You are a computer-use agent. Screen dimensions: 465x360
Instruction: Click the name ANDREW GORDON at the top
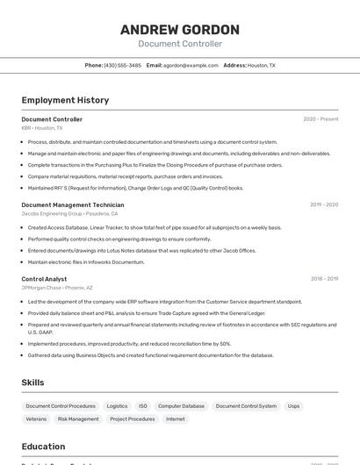coord(180,30)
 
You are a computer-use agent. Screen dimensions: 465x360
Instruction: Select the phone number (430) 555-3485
coord(122,65)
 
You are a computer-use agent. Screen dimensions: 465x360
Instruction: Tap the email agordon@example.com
coord(191,65)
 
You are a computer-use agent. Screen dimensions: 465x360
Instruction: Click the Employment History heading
coord(65,100)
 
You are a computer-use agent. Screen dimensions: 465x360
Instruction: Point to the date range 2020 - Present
coord(320,119)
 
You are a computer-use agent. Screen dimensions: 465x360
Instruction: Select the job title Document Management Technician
coord(73,204)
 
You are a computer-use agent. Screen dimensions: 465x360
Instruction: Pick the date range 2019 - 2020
coord(324,204)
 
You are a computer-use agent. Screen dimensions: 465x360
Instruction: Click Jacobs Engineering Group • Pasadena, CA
coord(69,213)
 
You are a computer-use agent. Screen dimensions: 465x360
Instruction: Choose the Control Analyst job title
coord(44,279)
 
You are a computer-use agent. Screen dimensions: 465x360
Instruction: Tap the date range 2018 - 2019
coord(324,279)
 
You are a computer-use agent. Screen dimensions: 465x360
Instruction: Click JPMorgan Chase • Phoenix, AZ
coord(57,288)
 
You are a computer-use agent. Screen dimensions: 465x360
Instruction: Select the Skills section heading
coord(32,383)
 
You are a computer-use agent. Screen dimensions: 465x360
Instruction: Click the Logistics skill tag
coord(117,406)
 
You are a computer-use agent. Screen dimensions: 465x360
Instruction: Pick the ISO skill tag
coord(143,406)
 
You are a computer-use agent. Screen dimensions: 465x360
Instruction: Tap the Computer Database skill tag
coord(181,406)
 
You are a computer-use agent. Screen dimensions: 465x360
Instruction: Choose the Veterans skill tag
coord(36,419)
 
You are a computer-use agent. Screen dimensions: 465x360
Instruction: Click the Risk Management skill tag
coord(78,419)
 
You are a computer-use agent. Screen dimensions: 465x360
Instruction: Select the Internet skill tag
coord(176,419)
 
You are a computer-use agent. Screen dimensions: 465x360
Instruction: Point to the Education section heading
coord(43,447)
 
